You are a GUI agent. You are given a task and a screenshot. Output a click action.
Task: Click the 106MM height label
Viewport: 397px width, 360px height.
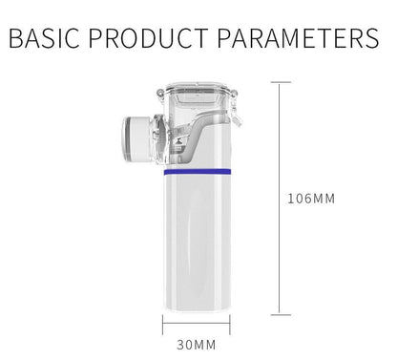312,200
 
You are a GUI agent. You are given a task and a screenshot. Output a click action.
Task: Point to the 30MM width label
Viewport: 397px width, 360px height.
198,344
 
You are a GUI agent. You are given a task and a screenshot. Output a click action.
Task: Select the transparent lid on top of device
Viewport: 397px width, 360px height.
198,95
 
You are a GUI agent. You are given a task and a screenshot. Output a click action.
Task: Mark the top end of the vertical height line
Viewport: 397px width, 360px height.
278,82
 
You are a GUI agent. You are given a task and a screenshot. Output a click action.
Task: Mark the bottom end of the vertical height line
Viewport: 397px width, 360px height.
278,313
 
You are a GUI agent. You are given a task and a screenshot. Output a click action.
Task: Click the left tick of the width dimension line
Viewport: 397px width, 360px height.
164,328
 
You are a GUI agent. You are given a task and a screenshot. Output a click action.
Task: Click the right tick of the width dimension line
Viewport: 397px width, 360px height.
231,328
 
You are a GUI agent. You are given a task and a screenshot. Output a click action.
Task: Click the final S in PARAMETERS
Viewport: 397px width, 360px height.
371,40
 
